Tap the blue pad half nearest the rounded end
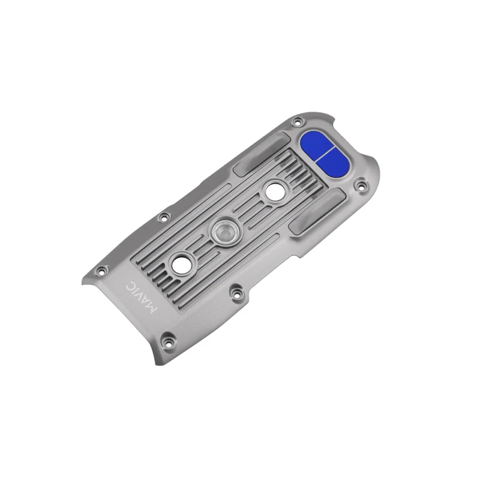point(334,163)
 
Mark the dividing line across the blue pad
point(324,154)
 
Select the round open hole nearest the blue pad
point(275,192)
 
